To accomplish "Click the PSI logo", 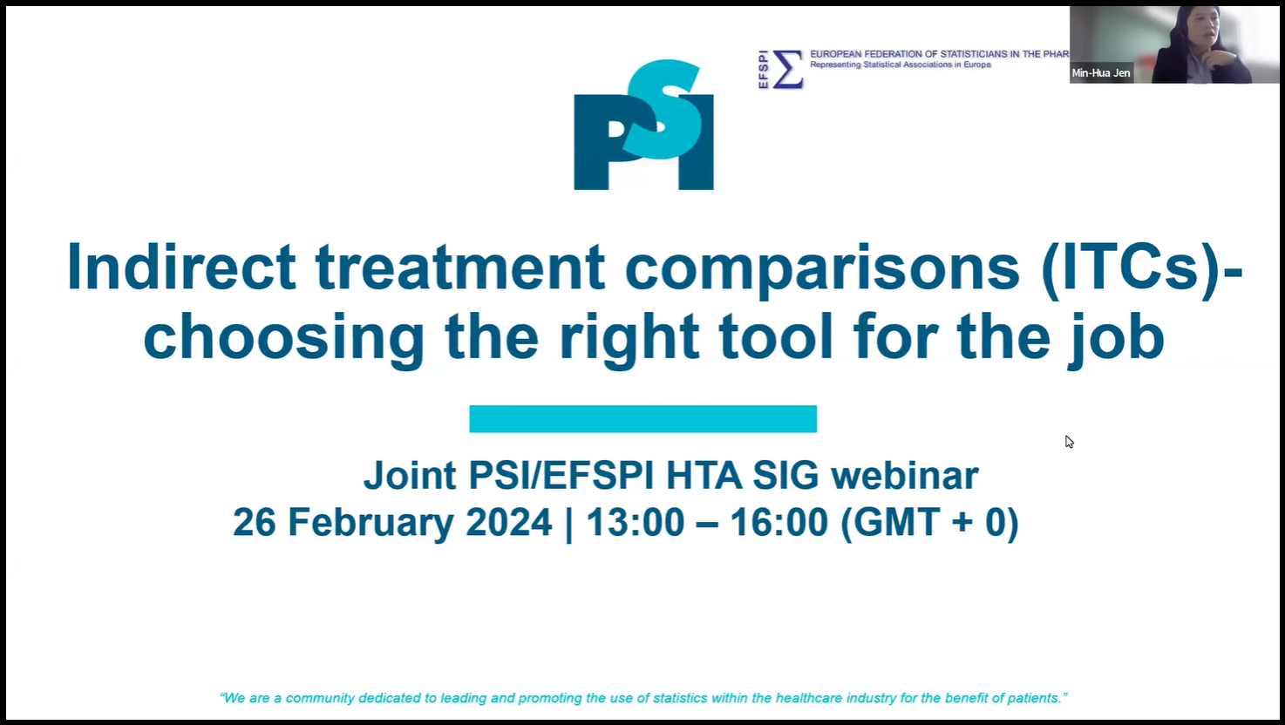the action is tap(643, 125).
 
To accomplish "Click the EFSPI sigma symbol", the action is tap(787, 70).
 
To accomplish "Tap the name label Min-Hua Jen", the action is tap(1101, 73).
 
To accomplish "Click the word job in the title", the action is tap(1116, 338).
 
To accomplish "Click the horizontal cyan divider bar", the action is tap(643, 419).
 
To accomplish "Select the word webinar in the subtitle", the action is tap(905, 476).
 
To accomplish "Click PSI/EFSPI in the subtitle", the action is tap(561, 476).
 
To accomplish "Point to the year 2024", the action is tap(509, 522).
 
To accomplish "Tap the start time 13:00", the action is tap(635, 522).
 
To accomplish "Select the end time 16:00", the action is tap(779, 522).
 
